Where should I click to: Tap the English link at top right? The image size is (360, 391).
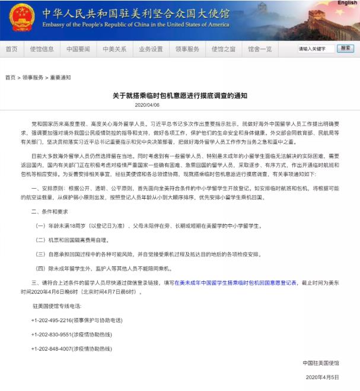point(348,3)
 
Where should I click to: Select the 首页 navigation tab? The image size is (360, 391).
point(11,49)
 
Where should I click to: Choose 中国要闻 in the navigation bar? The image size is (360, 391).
point(78,49)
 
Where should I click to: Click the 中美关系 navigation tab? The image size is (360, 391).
point(114,49)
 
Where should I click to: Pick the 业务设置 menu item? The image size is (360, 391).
point(151,49)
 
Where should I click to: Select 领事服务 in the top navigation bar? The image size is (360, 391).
point(187,49)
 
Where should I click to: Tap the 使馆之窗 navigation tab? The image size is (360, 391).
point(223,49)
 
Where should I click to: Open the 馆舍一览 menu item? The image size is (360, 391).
point(260,49)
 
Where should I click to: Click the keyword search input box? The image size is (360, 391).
point(316,49)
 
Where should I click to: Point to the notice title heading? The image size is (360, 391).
point(180,95)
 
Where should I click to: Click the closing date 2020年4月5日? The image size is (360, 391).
point(322,377)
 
